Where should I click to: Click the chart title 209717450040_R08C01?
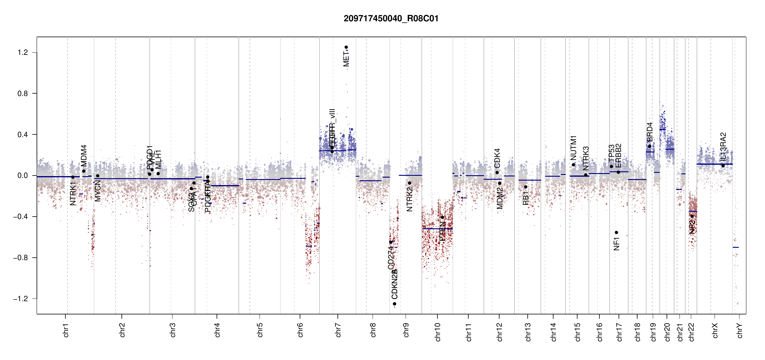point(391,19)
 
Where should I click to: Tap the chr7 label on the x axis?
point(338,330)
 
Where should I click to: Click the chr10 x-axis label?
point(437,332)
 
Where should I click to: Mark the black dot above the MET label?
point(346,47)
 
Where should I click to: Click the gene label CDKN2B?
point(394,284)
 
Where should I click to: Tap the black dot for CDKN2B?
point(394,304)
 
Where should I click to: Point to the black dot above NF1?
point(616,232)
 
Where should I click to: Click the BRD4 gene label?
point(649,132)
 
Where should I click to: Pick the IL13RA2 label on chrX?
point(723,146)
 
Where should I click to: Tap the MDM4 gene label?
point(84,155)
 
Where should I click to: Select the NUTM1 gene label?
point(573,148)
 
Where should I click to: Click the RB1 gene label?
point(526,198)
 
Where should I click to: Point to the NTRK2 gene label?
point(409,199)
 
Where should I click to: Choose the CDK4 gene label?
point(497,158)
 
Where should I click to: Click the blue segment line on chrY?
point(736,247)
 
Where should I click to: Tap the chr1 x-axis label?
point(66,330)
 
